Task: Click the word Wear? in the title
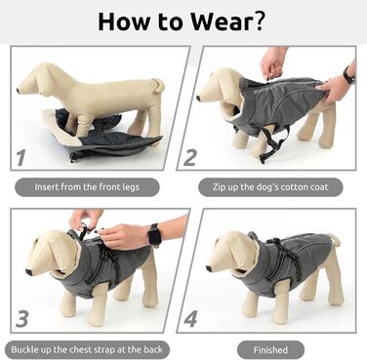coord(227,21)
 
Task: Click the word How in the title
coord(124,21)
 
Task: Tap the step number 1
coord(21,157)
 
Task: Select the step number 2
coord(190,157)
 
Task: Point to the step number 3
coord(22,319)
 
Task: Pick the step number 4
coord(190,319)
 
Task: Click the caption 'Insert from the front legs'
coord(87,187)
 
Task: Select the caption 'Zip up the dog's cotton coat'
coord(270,187)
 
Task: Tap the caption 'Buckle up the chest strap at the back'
coord(87,350)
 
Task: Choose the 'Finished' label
coord(270,350)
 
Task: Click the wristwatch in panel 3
coord(155,235)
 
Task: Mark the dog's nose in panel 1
coord(19,90)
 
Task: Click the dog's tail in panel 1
coord(159,84)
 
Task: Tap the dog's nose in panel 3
coord(28,272)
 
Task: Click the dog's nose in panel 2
coord(199,98)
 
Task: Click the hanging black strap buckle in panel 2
coord(263,159)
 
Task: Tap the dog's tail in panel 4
coord(335,239)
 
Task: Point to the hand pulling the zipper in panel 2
coord(272,63)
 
